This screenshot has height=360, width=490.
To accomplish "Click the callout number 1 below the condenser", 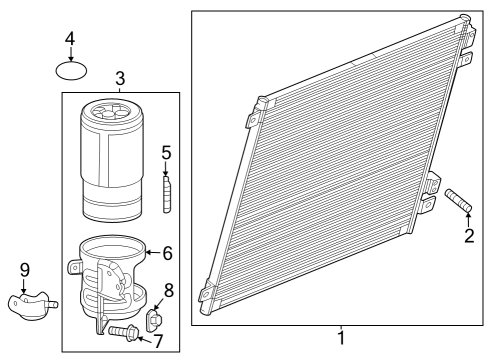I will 341,338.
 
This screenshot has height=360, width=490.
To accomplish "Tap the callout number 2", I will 468,236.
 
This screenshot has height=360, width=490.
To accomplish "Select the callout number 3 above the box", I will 120,78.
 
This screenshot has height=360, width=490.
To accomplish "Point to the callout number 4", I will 70,39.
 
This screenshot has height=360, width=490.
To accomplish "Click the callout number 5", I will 167,152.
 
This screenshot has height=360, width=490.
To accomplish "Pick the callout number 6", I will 167,254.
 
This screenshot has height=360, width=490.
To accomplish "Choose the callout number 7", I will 158,340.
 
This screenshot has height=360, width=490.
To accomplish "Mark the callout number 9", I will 23,269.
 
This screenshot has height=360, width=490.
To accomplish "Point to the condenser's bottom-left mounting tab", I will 205,293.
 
